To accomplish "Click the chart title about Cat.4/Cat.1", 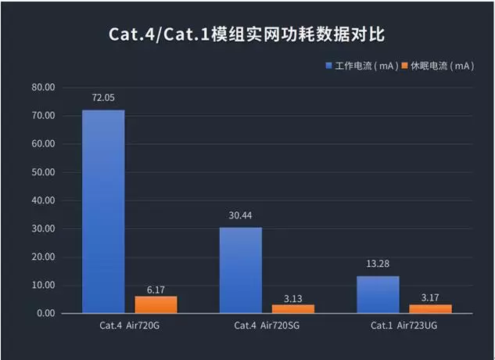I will coord(247,35).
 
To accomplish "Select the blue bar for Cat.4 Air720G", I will coord(103,211).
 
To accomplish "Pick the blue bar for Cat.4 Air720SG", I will coord(240,270).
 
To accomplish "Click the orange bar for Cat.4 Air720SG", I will coord(292,308).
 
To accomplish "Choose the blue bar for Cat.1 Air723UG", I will coord(378,294).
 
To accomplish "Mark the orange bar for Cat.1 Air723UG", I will coord(430,308).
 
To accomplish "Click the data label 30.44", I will coord(240,216).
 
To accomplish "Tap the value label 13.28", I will coord(378,265).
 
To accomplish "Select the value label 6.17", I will coord(156,290).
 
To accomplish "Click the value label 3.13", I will coord(292,299).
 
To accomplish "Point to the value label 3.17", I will coord(430,299).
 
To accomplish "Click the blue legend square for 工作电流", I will coord(329,67).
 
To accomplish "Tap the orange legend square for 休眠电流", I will coord(404,67).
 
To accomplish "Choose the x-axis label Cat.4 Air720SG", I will coord(266,324).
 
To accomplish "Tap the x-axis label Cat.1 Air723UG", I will coord(404,324).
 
